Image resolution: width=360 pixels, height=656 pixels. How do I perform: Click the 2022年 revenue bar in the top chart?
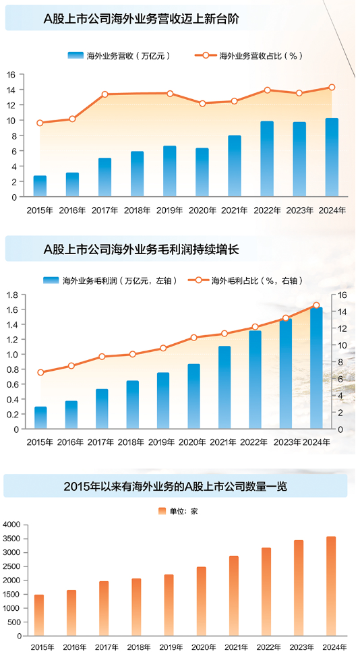click(267, 159)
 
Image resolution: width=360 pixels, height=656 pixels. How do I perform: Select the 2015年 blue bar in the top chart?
click(40, 186)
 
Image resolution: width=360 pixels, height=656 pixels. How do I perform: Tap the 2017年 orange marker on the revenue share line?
click(105, 94)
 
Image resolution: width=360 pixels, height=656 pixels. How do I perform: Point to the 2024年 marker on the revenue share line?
click(332, 88)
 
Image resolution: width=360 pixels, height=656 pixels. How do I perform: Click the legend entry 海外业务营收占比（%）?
click(249, 56)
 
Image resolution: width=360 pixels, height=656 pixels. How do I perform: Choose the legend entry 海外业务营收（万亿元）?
click(119, 56)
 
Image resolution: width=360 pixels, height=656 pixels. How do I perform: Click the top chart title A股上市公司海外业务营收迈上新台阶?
click(141, 19)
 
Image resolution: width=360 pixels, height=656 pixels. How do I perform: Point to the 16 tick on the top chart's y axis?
click(11, 74)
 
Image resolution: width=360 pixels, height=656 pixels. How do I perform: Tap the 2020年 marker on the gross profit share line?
click(194, 338)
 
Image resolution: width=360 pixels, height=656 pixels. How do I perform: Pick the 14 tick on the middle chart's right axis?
click(342, 311)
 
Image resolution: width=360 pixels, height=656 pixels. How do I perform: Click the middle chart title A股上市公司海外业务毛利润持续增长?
click(142, 249)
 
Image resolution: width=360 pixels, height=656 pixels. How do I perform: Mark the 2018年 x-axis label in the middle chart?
click(131, 442)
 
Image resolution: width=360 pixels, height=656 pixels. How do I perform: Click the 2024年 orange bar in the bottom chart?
click(331, 586)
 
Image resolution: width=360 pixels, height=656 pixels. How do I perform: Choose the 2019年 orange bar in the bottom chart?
click(169, 605)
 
